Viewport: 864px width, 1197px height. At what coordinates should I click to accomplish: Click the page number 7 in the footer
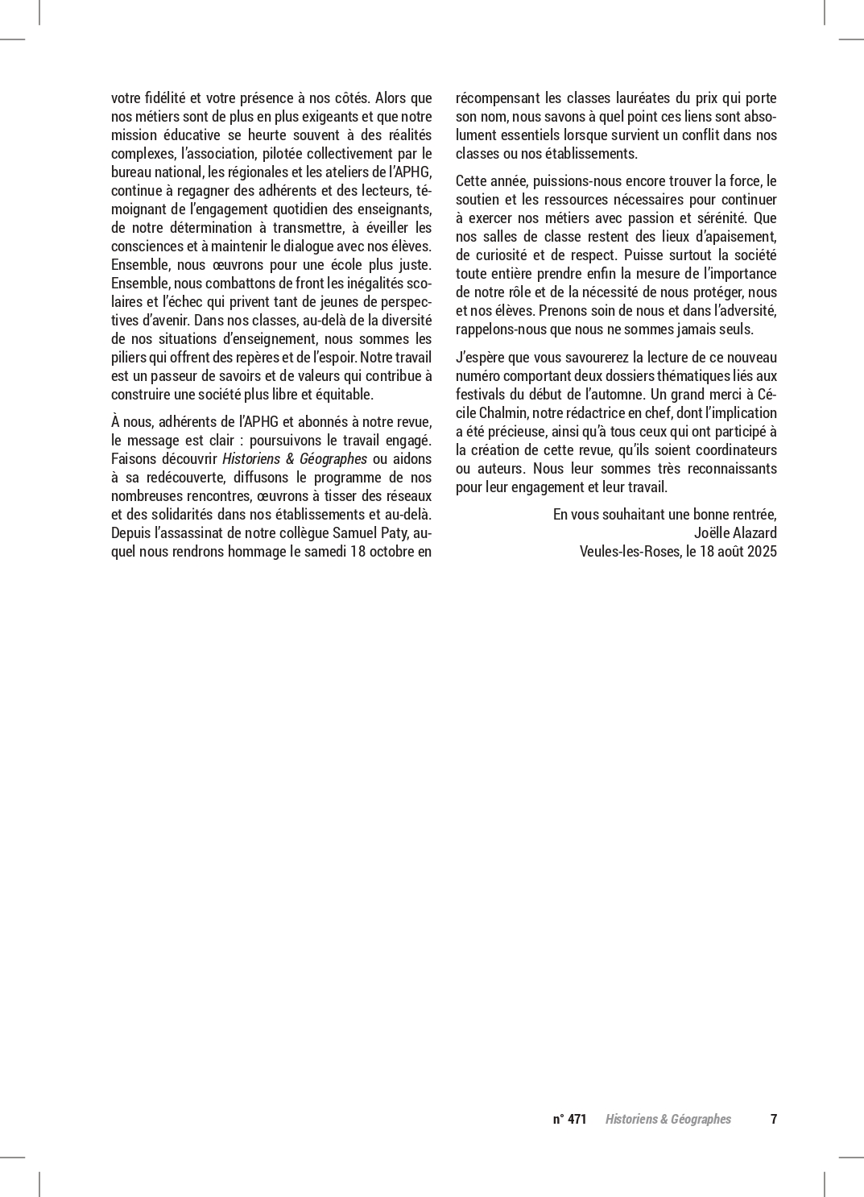click(x=774, y=1119)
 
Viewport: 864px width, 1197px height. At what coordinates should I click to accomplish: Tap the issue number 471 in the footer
click(x=577, y=1119)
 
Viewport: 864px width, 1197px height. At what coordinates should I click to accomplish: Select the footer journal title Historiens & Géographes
click(x=668, y=1119)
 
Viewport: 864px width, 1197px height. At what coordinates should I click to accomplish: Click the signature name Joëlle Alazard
click(x=735, y=533)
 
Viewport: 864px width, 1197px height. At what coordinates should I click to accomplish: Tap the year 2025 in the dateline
click(x=762, y=552)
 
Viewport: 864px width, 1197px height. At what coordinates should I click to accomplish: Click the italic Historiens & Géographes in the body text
click(x=295, y=459)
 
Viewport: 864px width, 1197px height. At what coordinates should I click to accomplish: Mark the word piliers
click(x=129, y=358)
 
